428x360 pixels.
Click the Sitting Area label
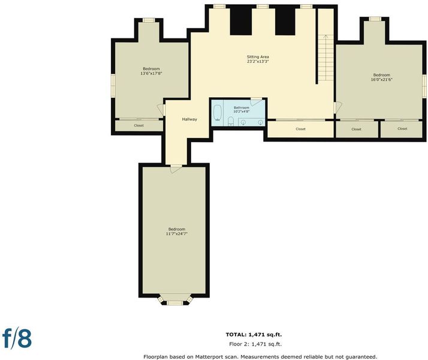258,59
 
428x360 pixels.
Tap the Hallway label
189,119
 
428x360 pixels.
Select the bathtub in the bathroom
218,113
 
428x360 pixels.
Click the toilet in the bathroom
231,121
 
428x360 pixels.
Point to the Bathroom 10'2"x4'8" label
242,110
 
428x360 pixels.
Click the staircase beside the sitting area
326,58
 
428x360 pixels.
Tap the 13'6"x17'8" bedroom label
151,71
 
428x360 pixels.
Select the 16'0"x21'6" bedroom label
382,77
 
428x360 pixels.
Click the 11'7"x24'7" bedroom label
177,232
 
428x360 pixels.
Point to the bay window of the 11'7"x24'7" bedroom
174,300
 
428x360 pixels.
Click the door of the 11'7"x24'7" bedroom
176,169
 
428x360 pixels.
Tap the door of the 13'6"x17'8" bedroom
161,110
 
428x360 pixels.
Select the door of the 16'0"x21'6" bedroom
337,107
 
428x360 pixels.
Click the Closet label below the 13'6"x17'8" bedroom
139,125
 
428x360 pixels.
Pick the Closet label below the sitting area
300,129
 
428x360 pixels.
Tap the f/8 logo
17,338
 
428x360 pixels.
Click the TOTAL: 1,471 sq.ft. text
254,335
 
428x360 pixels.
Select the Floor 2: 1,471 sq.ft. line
255,344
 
